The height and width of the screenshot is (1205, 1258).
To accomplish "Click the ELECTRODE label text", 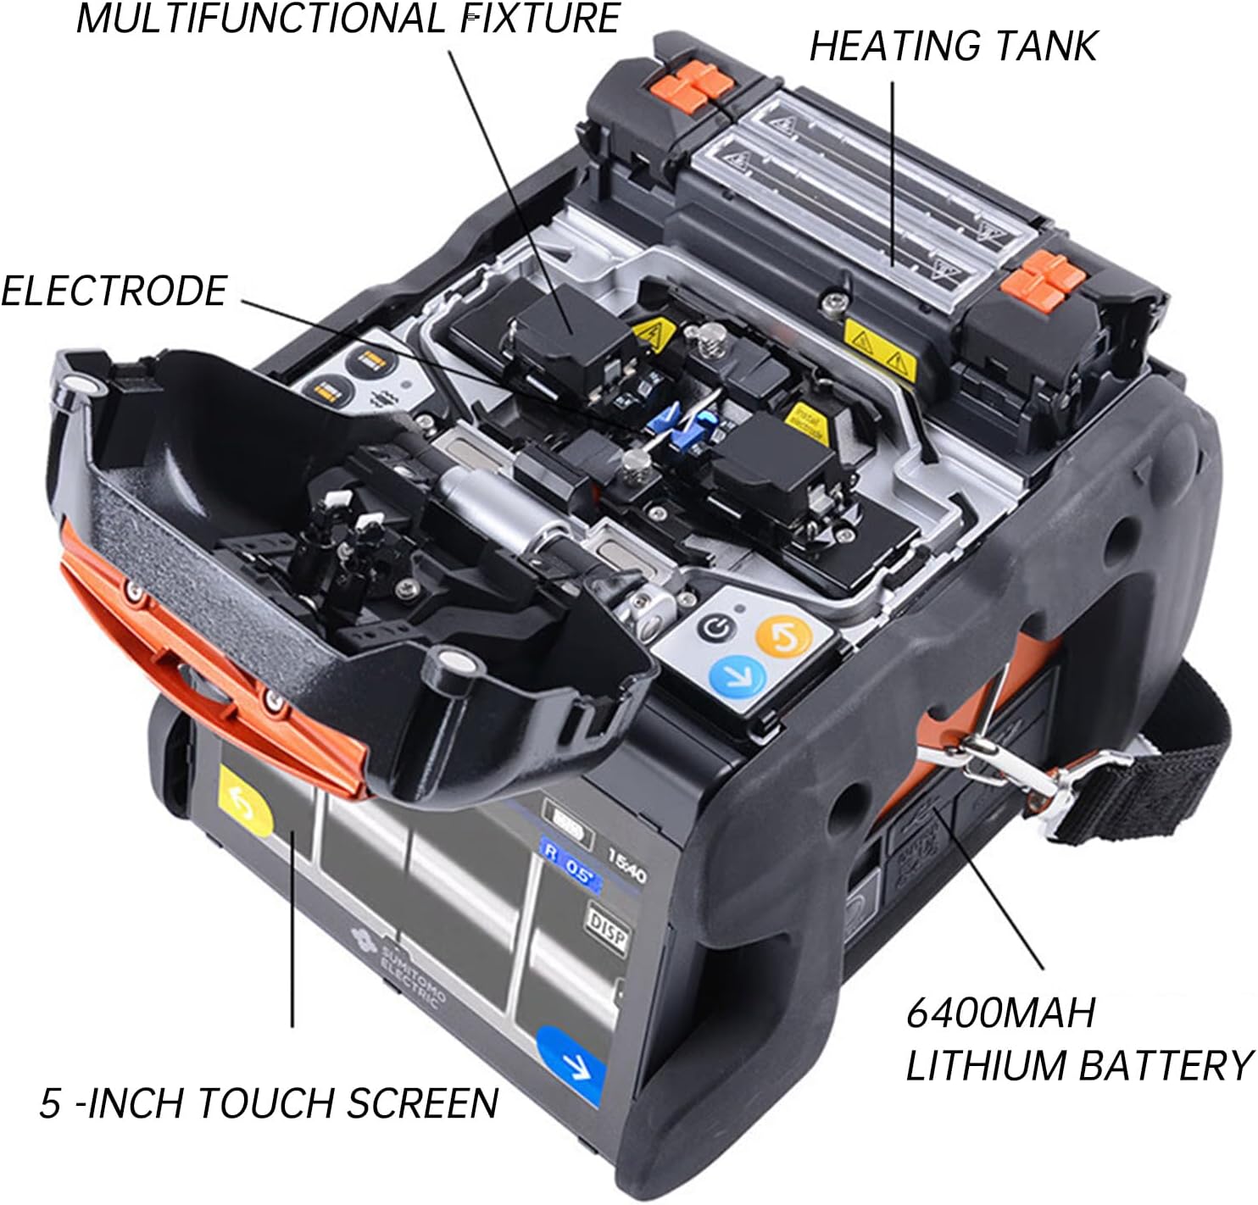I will [114, 291].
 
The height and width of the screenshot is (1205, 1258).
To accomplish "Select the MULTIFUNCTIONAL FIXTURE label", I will [348, 19].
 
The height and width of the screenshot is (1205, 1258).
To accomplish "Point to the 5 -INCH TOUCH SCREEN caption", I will [269, 1102].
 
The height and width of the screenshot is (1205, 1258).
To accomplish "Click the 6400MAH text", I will [1000, 1013].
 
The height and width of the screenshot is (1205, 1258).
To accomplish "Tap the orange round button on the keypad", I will [782, 636].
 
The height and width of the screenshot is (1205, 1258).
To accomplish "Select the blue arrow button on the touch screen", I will [572, 1063].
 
